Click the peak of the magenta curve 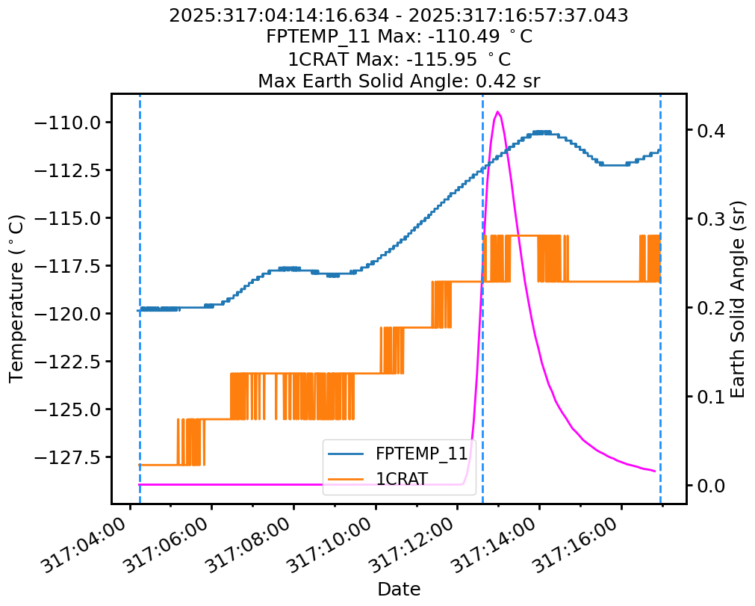498,112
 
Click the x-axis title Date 399,589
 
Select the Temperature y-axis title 17,299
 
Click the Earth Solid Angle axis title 738,299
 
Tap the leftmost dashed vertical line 140,299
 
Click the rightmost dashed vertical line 660,299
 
